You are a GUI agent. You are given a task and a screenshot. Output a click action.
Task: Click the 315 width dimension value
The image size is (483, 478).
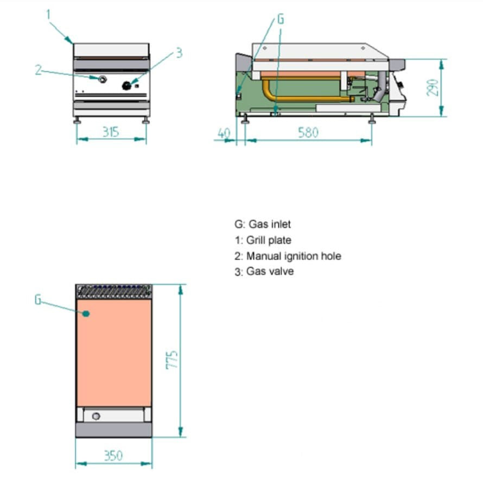(111, 132)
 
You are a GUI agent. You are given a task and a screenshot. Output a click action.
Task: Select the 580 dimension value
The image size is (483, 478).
(308, 133)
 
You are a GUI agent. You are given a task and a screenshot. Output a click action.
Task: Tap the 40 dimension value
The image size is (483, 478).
(223, 133)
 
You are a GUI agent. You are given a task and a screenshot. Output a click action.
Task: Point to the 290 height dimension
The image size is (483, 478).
(433, 86)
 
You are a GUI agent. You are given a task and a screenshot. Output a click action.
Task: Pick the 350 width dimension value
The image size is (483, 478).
(113, 455)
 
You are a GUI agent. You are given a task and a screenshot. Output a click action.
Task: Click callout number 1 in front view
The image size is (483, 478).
(48, 15)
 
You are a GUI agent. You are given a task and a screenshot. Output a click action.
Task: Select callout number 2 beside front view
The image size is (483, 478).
(38, 70)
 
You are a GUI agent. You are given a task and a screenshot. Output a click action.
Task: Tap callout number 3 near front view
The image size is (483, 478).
(179, 53)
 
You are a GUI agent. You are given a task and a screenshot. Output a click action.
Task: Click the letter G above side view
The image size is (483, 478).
(280, 19)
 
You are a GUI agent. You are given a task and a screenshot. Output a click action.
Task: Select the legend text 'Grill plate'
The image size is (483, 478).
(269, 240)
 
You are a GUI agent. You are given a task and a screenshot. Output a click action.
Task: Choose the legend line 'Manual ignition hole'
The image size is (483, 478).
(294, 256)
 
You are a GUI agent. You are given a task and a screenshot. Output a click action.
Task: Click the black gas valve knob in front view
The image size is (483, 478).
(128, 85)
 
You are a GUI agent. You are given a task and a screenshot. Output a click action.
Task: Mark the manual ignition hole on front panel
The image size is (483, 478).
(101, 80)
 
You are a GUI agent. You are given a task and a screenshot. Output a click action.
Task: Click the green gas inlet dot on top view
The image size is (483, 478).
(85, 313)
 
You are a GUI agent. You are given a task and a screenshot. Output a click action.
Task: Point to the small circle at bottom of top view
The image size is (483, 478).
(96, 416)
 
